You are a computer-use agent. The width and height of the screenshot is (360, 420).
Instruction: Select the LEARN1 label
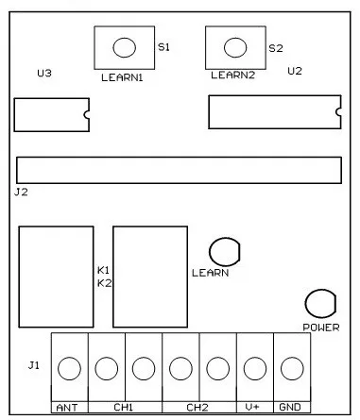pyautogui.click(x=122, y=77)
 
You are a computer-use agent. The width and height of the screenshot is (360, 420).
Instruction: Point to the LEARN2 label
pyautogui.click(x=232, y=76)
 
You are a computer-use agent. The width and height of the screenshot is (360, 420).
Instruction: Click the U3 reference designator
pyautogui.click(x=44, y=74)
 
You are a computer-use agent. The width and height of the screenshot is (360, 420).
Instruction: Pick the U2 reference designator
pyautogui.click(x=295, y=71)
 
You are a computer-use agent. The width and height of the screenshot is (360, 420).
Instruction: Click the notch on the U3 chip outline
pyautogui.click(x=87, y=115)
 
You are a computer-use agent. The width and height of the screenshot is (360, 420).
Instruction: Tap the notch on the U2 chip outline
pyautogui.click(x=338, y=111)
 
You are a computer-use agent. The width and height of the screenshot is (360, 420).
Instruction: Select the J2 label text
pyautogui.click(x=21, y=192)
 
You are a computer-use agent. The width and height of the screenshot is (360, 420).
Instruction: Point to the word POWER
pyautogui.click(x=321, y=328)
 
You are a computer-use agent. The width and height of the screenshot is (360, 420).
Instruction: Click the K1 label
pyautogui.click(x=103, y=270)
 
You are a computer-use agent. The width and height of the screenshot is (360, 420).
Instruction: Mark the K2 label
pyautogui.click(x=104, y=283)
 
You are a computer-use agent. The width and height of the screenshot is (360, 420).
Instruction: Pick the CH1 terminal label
pyautogui.click(x=123, y=408)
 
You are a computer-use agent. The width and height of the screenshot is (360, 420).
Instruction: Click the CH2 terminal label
pyautogui.click(x=197, y=408)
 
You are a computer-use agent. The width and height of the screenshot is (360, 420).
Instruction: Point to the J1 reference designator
pyautogui.click(x=34, y=365)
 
